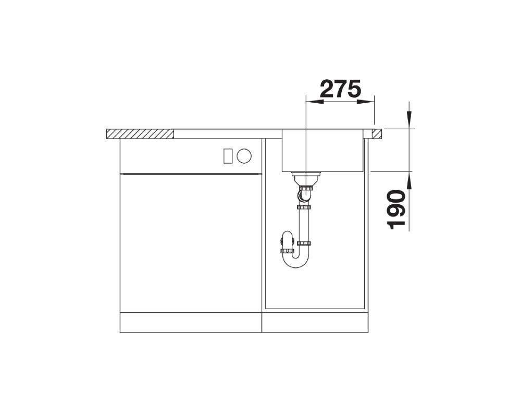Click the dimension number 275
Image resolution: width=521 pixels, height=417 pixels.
(x=341, y=89)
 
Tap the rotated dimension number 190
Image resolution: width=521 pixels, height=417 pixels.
(x=396, y=210)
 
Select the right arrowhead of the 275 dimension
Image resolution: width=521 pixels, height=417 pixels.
(x=366, y=102)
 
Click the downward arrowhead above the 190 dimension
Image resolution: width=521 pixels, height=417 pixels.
(x=409, y=119)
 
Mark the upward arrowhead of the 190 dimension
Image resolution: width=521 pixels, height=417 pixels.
(x=409, y=180)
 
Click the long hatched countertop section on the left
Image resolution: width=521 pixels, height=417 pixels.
(x=140, y=133)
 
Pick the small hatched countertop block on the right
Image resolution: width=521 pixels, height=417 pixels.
(x=377, y=133)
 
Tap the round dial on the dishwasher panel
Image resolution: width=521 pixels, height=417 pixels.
(x=244, y=156)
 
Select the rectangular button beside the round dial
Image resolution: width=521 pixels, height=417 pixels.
(x=228, y=156)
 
